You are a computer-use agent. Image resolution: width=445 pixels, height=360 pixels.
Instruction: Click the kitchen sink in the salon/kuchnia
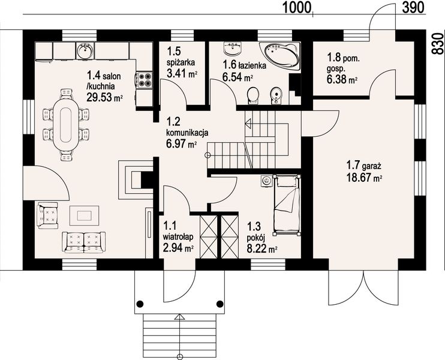point(85,51)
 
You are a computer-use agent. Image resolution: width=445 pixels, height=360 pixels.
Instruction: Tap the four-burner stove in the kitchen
point(145,79)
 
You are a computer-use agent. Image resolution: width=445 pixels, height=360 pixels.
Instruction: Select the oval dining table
point(66,125)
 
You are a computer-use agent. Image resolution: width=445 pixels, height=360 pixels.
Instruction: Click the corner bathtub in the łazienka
point(281,55)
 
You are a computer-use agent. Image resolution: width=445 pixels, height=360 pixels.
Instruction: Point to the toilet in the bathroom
point(253,95)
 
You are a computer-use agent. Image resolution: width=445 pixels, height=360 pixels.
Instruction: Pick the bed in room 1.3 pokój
point(286,205)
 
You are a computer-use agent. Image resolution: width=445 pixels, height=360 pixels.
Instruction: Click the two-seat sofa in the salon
point(84,242)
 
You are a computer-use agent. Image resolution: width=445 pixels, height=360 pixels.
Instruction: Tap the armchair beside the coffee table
point(47,215)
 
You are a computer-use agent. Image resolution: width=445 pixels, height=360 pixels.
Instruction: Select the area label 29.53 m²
point(104,97)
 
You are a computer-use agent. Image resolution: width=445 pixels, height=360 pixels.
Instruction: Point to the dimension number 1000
point(297,7)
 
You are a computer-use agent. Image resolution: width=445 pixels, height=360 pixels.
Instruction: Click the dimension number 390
point(413,7)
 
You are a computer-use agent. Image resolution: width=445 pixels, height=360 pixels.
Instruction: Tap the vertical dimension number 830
point(438,43)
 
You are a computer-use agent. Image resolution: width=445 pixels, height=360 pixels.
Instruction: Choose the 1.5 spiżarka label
point(181,57)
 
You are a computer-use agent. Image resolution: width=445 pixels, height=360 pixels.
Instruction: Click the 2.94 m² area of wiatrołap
point(178,248)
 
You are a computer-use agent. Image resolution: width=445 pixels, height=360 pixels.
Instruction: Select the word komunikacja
point(187,133)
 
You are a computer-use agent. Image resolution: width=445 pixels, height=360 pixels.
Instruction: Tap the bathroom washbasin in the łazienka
point(233,48)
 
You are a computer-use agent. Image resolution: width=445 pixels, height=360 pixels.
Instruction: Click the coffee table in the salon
point(85,215)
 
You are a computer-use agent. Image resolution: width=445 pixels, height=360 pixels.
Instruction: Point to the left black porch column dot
point(140,304)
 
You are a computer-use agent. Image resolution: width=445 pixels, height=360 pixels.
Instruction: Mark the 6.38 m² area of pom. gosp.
point(342,80)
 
